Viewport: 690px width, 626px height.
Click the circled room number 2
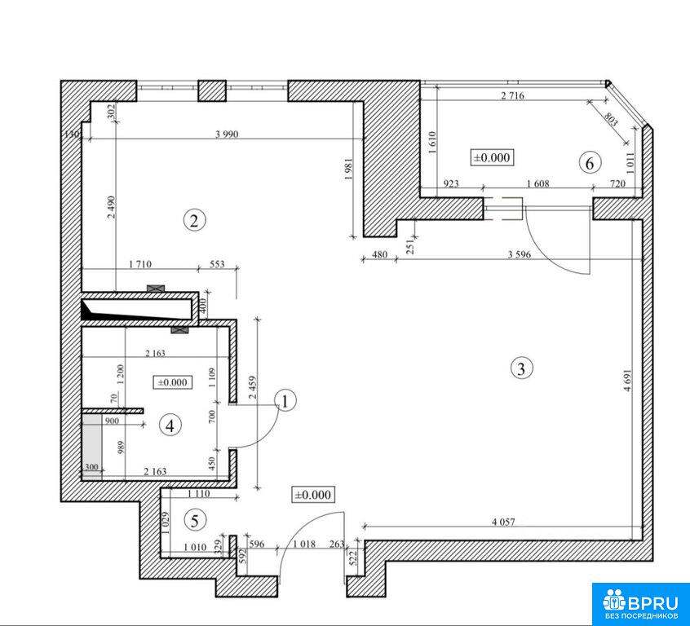pos(194,220)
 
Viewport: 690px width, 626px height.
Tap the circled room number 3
pos(521,368)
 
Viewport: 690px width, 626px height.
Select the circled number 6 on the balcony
pos(590,163)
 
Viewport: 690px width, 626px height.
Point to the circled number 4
pos(170,425)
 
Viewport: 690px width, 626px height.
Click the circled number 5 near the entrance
pos(194,521)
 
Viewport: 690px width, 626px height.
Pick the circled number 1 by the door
pos(285,401)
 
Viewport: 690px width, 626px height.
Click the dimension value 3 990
pos(227,134)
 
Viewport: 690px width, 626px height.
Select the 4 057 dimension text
pos(503,522)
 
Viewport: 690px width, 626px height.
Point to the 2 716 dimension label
pos(513,95)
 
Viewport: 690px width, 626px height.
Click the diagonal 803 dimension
pos(610,119)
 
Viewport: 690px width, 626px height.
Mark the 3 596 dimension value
pos(520,254)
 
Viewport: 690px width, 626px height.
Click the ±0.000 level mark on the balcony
pos(492,157)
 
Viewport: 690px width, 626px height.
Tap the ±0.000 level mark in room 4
pos(173,382)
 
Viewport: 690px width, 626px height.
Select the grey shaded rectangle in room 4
pos(92,445)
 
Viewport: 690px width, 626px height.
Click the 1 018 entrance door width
pos(304,544)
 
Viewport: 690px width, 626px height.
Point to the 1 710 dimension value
pos(140,264)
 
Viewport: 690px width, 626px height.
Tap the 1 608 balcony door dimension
pos(538,184)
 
